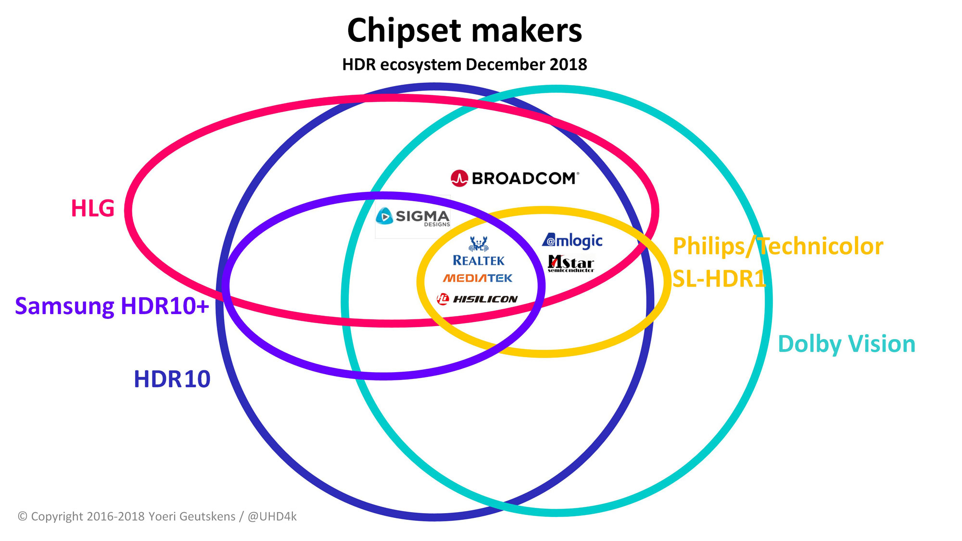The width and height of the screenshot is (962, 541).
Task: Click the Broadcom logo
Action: tap(515, 178)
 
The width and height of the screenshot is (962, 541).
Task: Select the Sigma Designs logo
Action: tap(413, 217)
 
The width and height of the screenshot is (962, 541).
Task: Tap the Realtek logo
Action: tap(479, 251)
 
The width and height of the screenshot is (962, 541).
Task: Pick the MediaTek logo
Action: tap(478, 278)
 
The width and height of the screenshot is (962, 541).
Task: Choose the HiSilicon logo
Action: tap(477, 299)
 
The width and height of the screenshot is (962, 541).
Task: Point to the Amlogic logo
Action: tap(572, 240)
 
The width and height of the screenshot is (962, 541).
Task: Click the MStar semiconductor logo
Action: tap(571, 264)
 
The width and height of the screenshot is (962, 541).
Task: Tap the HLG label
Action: tap(93, 208)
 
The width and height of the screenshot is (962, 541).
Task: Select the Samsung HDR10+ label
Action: tap(112, 306)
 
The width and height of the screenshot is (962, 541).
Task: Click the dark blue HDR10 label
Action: tap(172, 379)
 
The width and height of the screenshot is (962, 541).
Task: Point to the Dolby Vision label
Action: tap(847, 344)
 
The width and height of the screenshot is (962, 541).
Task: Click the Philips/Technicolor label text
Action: tap(778, 247)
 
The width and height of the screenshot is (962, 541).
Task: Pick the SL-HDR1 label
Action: tap(719, 279)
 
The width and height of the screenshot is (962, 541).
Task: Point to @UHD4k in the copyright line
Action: tap(272, 516)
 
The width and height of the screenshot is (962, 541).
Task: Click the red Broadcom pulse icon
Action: tap(459, 178)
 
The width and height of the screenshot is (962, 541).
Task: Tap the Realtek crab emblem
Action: tap(479, 244)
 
